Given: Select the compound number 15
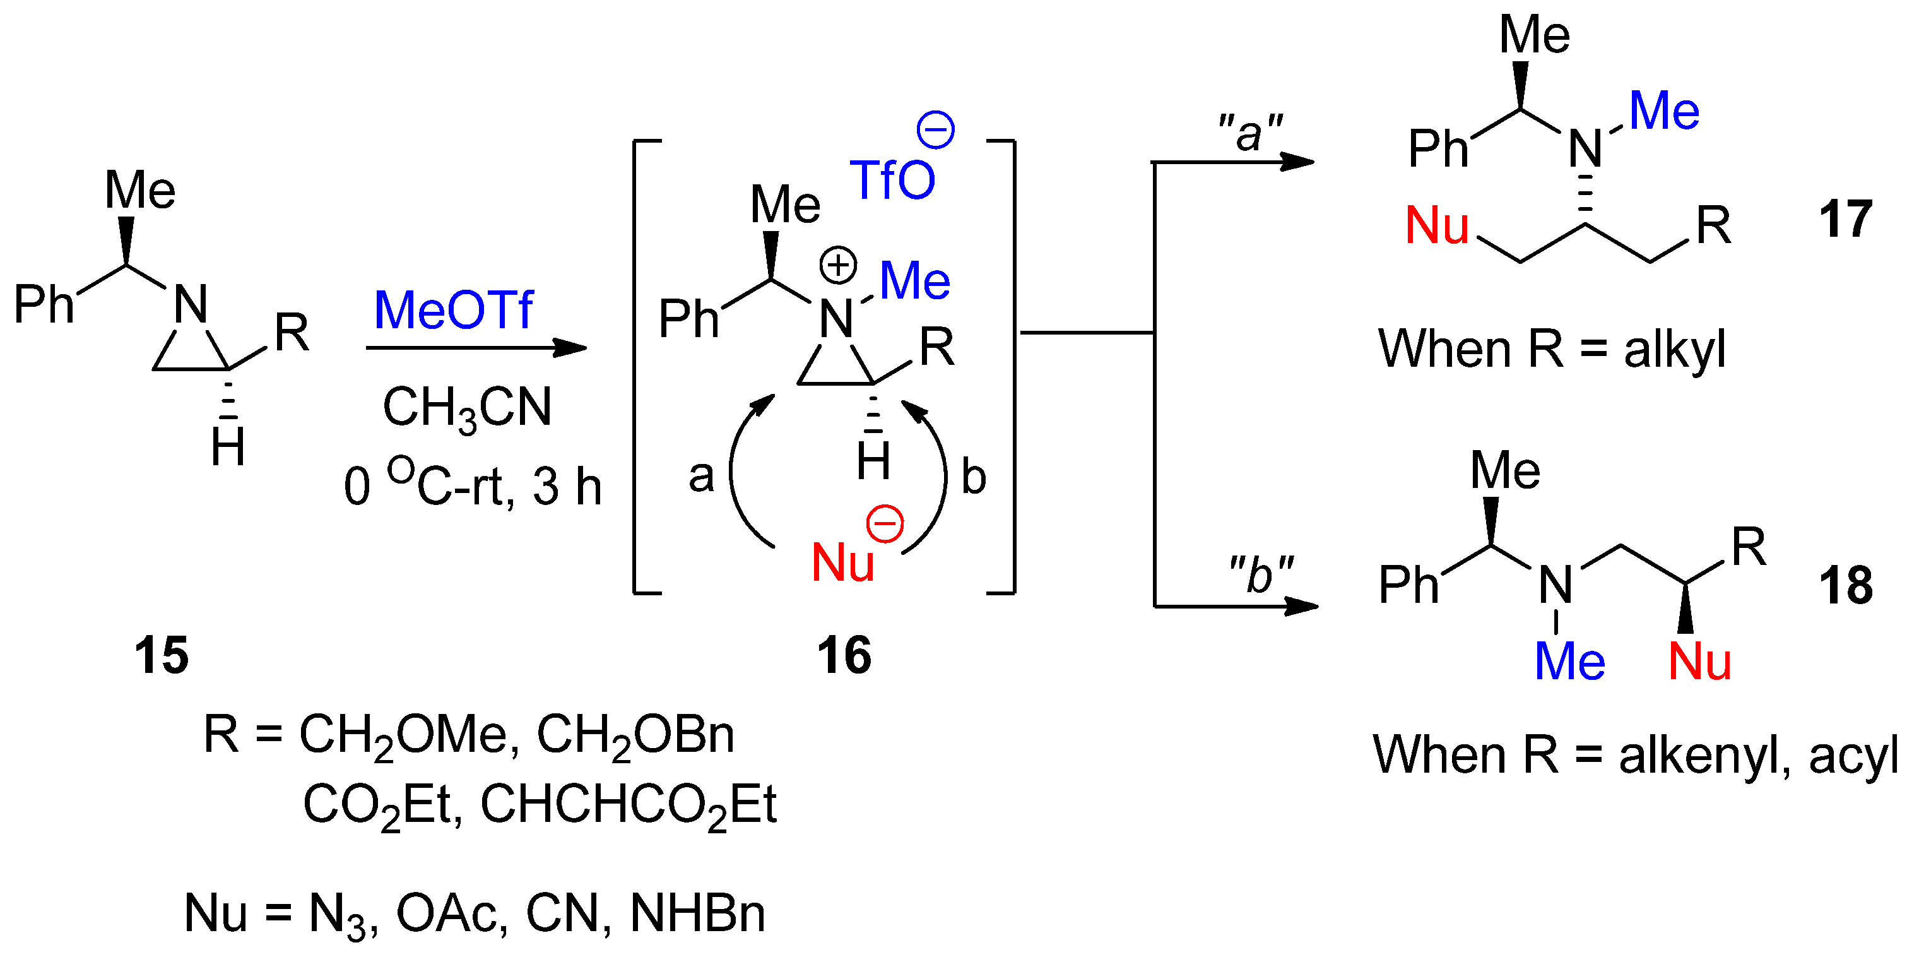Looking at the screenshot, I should coord(161,655).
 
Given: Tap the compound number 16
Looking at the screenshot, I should coord(843,655).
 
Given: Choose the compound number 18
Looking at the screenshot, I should coord(1846,586).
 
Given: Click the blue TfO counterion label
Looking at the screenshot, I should coord(892,180).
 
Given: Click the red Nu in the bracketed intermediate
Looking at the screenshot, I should coord(842,563).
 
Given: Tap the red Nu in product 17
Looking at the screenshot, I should coord(1437,225).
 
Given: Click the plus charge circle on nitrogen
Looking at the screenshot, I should coord(838,265).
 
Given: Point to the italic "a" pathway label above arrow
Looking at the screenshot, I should coord(1249,134).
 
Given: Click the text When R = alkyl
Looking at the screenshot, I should coord(1552,349).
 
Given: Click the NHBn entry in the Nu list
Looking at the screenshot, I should coord(697,913).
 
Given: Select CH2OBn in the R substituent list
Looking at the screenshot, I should coord(635,736).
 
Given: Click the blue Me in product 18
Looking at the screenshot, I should coord(1569,662).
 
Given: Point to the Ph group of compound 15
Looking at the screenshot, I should coord(44,304).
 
